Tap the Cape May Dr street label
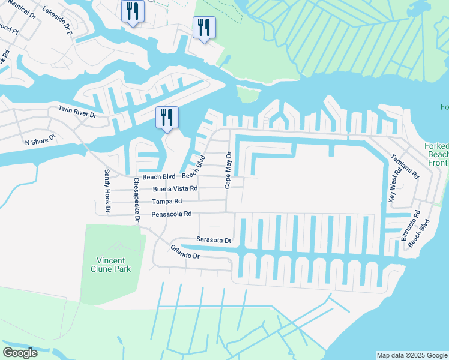[228, 170]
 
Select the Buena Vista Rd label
[175, 188]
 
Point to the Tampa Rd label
[166, 202]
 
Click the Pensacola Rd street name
[172, 214]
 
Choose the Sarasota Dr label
[214, 240]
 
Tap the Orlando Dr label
[184, 251]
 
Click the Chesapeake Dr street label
[137, 200]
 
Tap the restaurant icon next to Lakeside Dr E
[131, 11]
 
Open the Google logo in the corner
[20, 353]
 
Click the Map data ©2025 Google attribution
[412, 355]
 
